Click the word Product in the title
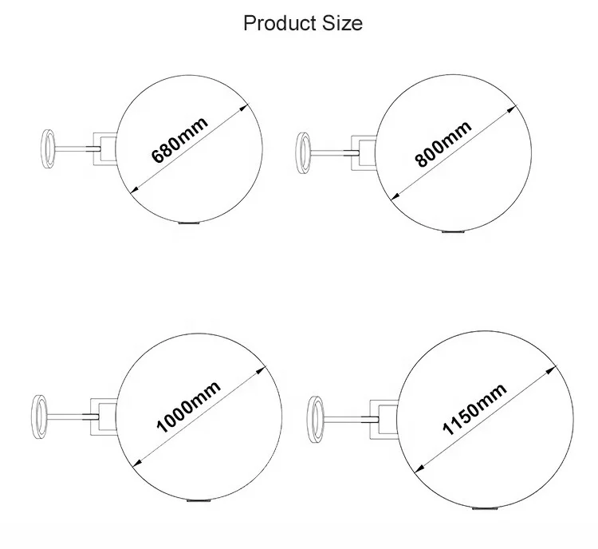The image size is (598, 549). click(275, 23)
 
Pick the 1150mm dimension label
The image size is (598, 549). click(474, 409)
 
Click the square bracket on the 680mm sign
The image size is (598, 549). click(104, 148)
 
